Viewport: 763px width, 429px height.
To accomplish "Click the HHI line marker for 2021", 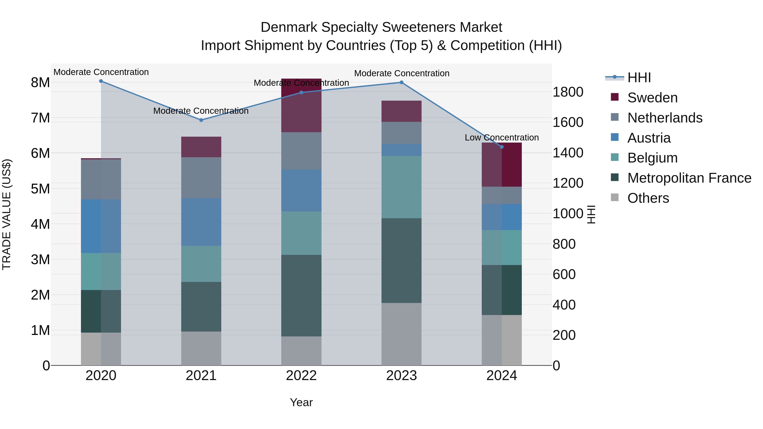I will pyautogui.click(x=201, y=120).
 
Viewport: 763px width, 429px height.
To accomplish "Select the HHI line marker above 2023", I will pyautogui.click(x=401, y=82).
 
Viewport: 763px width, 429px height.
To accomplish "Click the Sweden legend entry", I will pyautogui.click(x=652, y=98).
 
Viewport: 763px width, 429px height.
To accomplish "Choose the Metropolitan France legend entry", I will pyautogui.click(x=689, y=178).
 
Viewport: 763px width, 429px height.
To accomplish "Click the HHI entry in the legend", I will pyautogui.click(x=639, y=78).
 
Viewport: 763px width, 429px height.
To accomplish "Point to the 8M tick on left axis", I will pyautogui.click(x=40, y=83).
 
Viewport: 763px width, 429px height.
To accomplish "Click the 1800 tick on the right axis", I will pyautogui.click(x=568, y=92).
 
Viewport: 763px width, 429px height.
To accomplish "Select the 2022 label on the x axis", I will pyautogui.click(x=301, y=376).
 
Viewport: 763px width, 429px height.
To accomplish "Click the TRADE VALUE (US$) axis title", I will pyautogui.click(x=7, y=215).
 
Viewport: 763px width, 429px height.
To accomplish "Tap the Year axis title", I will pyautogui.click(x=301, y=402).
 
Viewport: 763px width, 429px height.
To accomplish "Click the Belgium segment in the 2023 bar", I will pyautogui.click(x=401, y=187).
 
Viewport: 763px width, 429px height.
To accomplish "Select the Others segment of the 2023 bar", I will pyautogui.click(x=401, y=334).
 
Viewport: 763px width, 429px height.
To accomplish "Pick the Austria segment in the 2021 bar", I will pyautogui.click(x=201, y=222).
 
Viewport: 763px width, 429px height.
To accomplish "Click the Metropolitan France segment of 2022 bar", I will pyautogui.click(x=301, y=296).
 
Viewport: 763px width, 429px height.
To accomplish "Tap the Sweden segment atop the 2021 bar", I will pyautogui.click(x=201, y=147).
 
